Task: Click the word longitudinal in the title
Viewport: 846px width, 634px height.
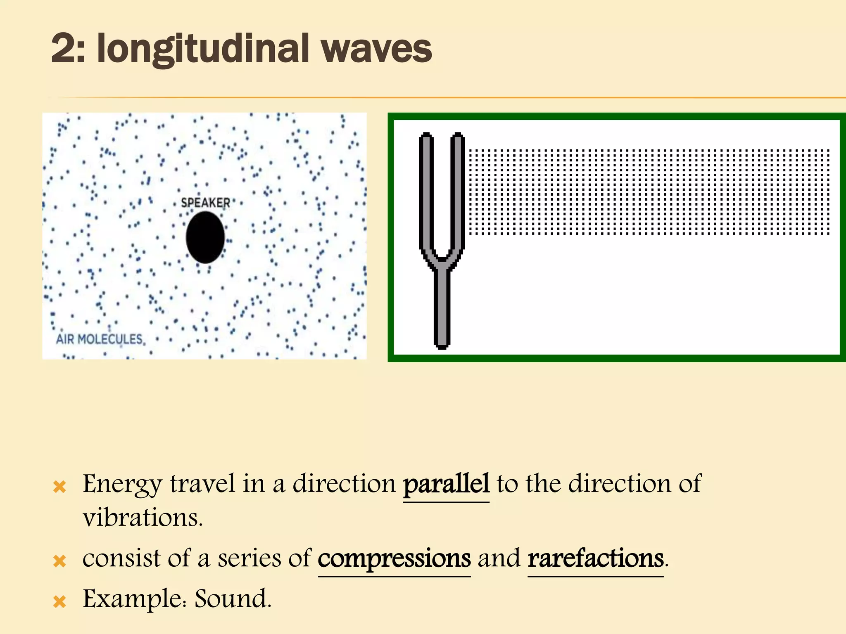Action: tap(203, 50)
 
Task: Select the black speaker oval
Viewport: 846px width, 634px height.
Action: tap(205, 237)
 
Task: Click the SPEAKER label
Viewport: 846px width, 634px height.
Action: tap(205, 203)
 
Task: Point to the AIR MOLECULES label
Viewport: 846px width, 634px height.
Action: tap(99, 339)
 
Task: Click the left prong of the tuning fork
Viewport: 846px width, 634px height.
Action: tap(426, 190)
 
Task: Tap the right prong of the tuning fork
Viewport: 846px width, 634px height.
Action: tap(457, 190)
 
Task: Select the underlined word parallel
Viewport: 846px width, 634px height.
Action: tap(446, 484)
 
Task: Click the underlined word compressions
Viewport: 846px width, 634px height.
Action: tap(394, 558)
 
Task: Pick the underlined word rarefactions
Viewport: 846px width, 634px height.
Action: tap(595, 558)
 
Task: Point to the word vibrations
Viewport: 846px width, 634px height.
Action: tap(143, 518)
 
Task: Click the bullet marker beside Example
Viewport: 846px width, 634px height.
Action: tap(60, 602)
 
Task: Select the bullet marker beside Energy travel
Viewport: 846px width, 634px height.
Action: tap(60, 487)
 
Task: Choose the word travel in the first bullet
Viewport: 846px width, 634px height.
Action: tap(202, 484)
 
